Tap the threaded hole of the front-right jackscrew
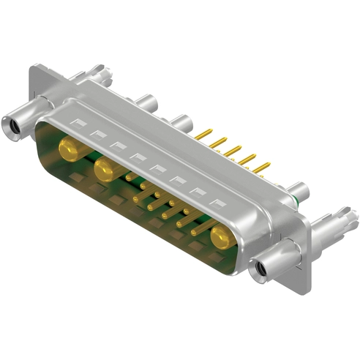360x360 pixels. tap(258, 271)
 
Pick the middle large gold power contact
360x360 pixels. tap(105, 170)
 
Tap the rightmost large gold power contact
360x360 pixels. tap(220, 236)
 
